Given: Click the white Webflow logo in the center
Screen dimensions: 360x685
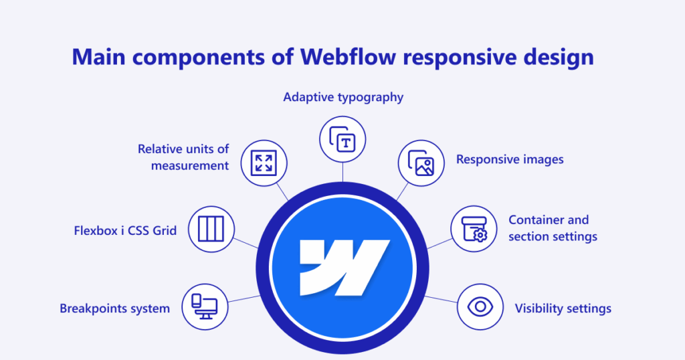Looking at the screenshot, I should pos(342,268).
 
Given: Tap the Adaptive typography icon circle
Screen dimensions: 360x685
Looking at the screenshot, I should pos(342,139).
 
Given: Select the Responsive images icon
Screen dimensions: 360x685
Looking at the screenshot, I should pos(421,163).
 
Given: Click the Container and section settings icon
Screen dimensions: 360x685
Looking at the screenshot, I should pos(474,228).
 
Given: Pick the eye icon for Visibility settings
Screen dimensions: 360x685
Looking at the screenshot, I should pos(480,307).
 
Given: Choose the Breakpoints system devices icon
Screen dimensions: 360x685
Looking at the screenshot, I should pos(204,307).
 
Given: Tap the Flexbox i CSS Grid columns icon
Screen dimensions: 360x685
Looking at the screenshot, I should pos(211,229).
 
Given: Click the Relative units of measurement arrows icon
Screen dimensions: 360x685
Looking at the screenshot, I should pos(264,163).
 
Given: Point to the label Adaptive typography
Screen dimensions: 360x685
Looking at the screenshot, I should pos(343,97).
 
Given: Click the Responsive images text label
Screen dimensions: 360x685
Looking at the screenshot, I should pos(510,159).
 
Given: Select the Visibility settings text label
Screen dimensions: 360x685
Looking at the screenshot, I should pos(563,308).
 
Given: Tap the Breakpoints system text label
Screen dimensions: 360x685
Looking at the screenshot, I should pos(114,308).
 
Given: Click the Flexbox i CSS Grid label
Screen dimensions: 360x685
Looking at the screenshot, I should pos(125,231).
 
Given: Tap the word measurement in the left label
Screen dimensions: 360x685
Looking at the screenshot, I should pos(190,165).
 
